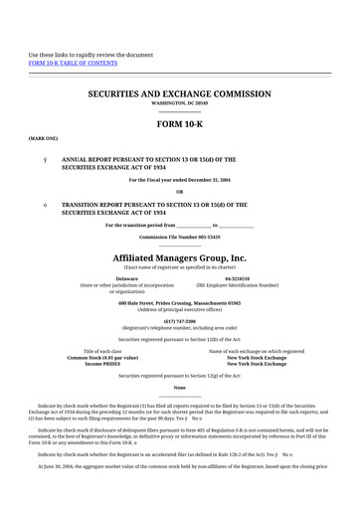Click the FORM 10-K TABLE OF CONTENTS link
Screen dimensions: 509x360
(x=72, y=62)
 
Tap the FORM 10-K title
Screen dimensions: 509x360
(x=179, y=125)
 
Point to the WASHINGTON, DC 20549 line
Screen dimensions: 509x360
(x=179, y=102)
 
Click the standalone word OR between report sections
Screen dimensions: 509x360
(x=179, y=192)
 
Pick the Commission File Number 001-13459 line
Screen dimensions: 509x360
(x=179, y=238)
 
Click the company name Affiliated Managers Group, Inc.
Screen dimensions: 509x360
(x=179, y=257)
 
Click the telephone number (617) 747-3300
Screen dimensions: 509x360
(x=179, y=321)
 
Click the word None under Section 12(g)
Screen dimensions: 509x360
(x=179, y=388)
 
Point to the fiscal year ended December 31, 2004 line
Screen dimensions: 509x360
(x=179, y=179)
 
